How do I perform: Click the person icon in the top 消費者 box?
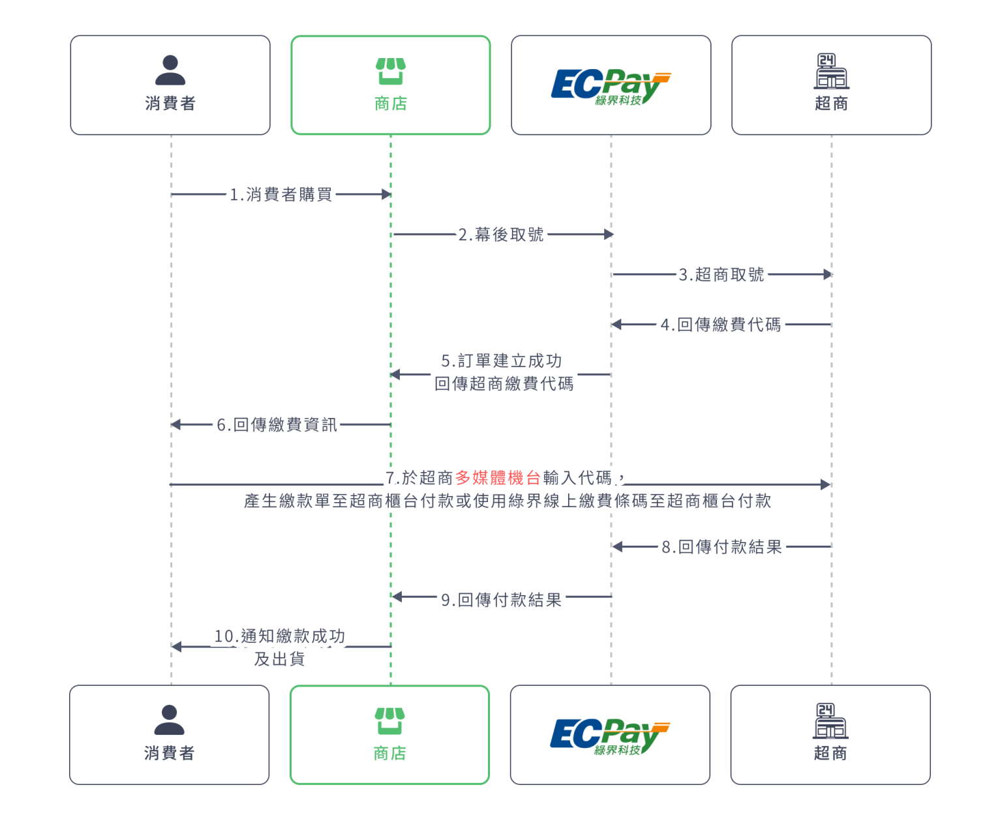(x=170, y=70)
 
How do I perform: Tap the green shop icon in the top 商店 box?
(x=391, y=71)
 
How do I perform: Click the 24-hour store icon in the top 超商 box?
(x=831, y=71)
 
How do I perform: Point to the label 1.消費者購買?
(x=281, y=194)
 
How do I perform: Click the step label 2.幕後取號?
(x=501, y=235)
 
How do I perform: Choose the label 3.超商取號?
(x=721, y=274)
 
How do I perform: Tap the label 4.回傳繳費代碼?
(x=721, y=325)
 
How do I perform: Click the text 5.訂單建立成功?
(x=502, y=361)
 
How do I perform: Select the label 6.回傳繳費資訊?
(x=277, y=425)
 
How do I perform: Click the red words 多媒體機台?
(x=498, y=478)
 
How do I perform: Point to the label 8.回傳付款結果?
(x=722, y=547)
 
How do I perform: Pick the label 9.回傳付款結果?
(x=502, y=600)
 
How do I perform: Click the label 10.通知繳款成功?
(x=280, y=636)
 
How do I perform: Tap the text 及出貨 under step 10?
(x=280, y=659)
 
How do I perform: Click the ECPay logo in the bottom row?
(x=609, y=736)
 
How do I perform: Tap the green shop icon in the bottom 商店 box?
(x=389, y=721)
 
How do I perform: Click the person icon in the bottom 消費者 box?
(x=170, y=720)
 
